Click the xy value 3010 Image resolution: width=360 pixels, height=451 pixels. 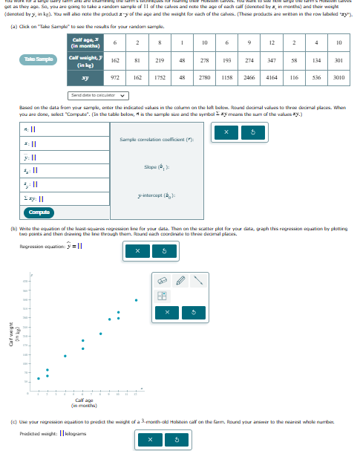tap(338, 77)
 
